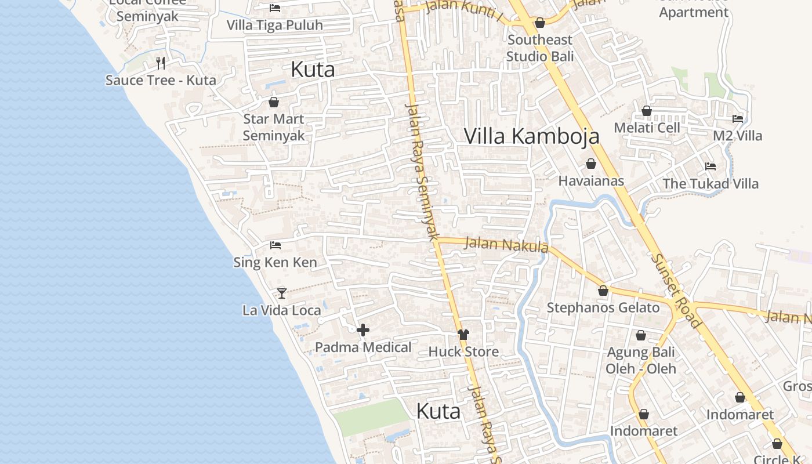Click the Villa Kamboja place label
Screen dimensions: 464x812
[x=531, y=136]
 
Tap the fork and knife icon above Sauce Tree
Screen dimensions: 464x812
[x=161, y=63]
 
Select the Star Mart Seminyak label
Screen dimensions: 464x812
[x=274, y=127]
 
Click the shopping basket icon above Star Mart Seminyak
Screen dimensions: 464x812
[x=274, y=103]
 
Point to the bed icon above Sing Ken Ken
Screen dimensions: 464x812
[x=275, y=245]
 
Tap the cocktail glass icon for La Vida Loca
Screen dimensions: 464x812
[x=282, y=293]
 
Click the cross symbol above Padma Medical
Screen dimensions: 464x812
[x=363, y=330]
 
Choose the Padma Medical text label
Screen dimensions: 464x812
[x=363, y=347]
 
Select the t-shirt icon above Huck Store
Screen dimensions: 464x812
[x=463, y=335]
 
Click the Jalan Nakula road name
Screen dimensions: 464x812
[x=506, y=245]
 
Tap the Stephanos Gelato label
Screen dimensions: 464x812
[x=603, y=308]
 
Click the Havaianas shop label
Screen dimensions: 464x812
[x=591, y=181]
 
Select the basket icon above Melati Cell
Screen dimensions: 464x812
[x=647, y=111]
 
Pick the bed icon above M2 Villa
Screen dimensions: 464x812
[x=738, y=119]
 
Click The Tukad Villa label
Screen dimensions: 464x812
[x=710, y=184]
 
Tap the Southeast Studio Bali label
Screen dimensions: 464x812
[x=540, y=48]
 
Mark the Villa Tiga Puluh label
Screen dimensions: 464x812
[x=275, y=26]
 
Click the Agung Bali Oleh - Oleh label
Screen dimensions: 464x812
[x=641, y=360]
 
